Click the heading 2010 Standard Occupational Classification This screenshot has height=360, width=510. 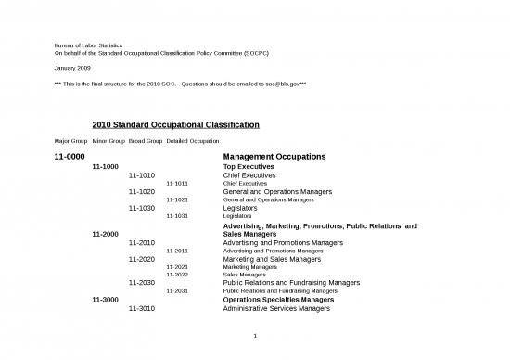(175, 123)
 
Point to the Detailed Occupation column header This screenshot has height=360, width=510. (193, 141)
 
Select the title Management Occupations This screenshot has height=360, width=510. (274, 157)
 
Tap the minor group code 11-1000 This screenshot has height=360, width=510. (104, 166)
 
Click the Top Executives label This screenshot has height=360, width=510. (255, 166)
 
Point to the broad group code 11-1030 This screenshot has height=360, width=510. (142, 209)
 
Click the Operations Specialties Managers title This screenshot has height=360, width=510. (279, 300)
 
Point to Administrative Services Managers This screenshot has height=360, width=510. (277, 308)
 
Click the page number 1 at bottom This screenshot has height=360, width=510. (255, 338)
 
